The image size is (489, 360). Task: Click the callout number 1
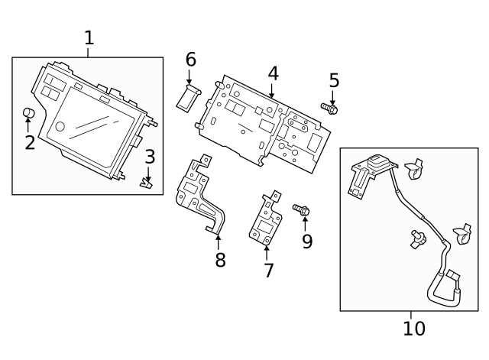tap(89, 37)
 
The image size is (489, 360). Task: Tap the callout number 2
tap(30, 142)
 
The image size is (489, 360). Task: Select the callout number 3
tap(150, 157)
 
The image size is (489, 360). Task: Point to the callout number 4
tap(273, 74)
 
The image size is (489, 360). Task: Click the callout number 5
tap(334, 80)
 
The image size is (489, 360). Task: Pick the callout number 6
tap(190, 60)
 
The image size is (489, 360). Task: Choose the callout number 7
tap(268, 271)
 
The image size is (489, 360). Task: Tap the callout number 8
tap(220, 260)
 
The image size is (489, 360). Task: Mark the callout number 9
tap(307, 242)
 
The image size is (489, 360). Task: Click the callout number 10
tap(413, 329)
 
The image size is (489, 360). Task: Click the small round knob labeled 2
tap(29, 114)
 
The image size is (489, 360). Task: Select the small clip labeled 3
tap(146, 182)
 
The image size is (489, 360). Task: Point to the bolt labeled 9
tap(301, 209)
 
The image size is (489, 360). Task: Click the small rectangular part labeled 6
tap(189, 98)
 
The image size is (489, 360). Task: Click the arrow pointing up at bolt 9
tap(306, 223)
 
